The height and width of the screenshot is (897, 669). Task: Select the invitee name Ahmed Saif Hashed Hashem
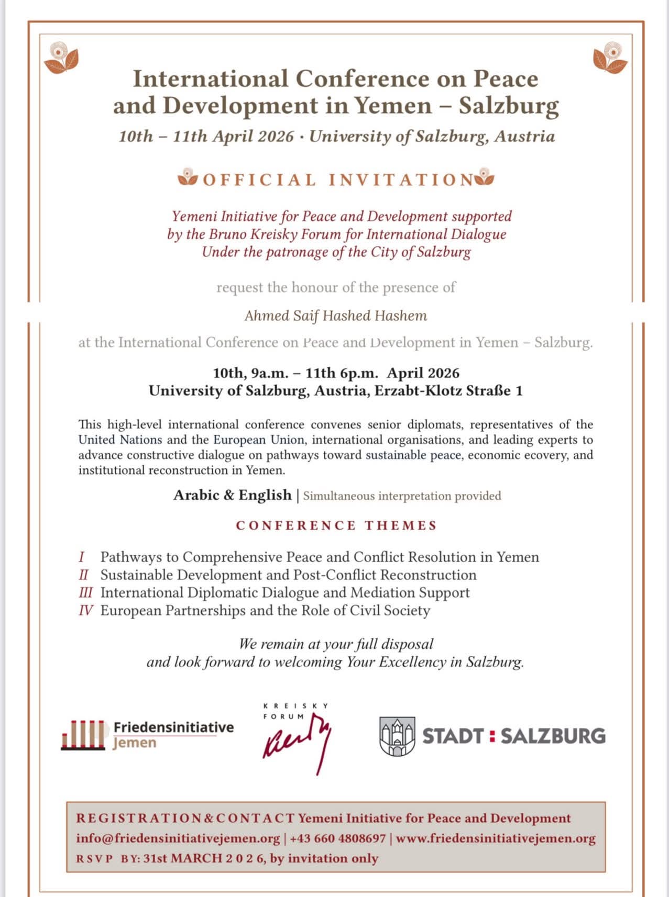tap(336, 316)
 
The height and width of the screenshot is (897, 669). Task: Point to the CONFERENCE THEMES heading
tap(336, 525)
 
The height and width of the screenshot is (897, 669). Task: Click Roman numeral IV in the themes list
tap(85, 611)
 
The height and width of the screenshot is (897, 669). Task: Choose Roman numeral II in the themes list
tap(83, 575)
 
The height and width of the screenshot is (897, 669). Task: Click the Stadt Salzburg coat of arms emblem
tap(397, 736)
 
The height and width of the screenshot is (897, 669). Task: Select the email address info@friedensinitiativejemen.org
tap(178, 838)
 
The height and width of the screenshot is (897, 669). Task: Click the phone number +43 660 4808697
tap(338, 838)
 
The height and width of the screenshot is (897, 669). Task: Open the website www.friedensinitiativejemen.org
tap(496, 838)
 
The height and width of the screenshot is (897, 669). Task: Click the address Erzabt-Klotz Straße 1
tap(448, 391)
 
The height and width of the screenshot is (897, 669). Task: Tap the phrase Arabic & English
tap(232, 495)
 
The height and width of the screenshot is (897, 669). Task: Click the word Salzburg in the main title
tap(509, 106)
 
